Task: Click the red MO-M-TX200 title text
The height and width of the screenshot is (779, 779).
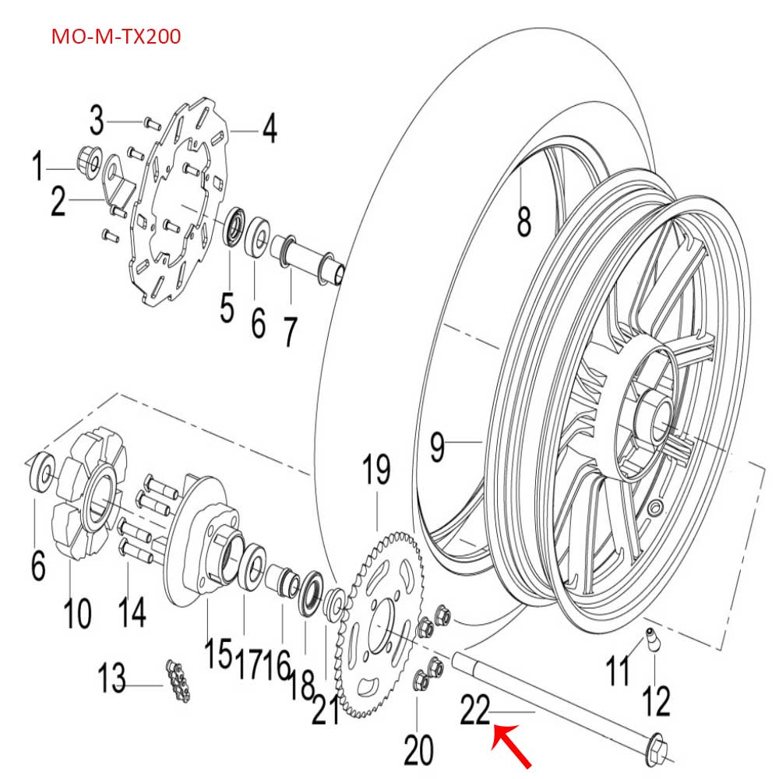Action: point(116,37)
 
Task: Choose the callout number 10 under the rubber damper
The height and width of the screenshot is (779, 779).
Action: point(77,611)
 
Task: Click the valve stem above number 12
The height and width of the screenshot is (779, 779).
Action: point(650,640)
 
